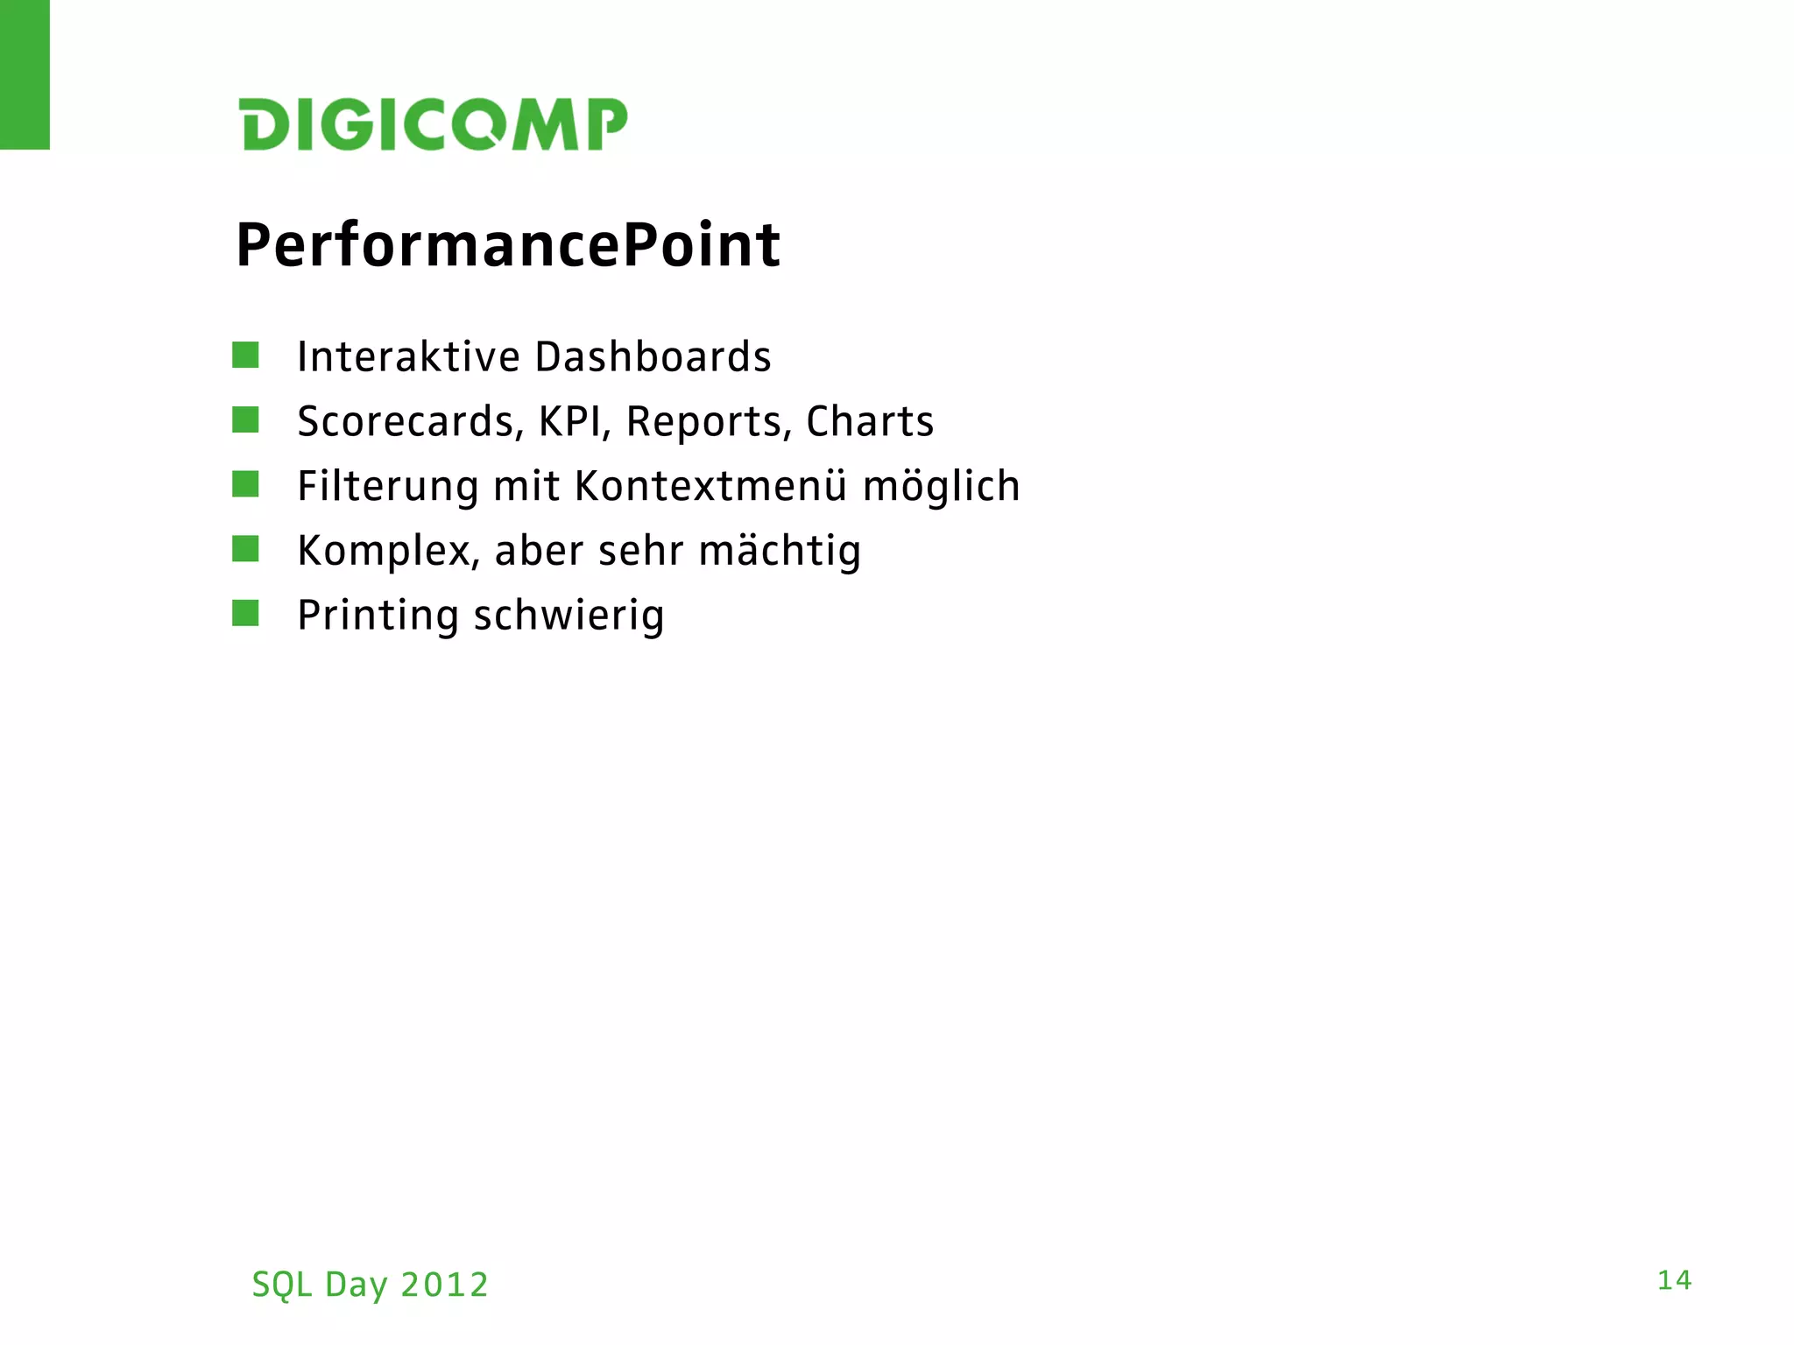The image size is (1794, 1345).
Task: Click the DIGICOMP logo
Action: click(434, 123)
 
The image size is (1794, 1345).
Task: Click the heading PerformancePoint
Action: click(508, 245)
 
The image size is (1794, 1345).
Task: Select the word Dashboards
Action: click(653, 357)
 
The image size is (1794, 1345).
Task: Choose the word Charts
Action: click(870, 422)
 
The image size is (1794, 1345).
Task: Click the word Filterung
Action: click(388, 487)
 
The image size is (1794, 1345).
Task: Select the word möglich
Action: click(942, 488)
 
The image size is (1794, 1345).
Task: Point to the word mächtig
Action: click(780, 553)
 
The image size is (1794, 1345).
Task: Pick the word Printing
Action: click(378, 616)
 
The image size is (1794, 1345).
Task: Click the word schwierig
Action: click(569, 616)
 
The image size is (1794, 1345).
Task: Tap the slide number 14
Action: click(1674, 1281)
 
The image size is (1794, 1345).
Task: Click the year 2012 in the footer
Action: click(444, 1285)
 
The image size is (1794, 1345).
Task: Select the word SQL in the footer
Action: click(282, 1285)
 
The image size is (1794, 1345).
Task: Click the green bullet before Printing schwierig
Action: click(245, 613)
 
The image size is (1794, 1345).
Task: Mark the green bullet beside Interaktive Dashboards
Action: click(245, 355)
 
